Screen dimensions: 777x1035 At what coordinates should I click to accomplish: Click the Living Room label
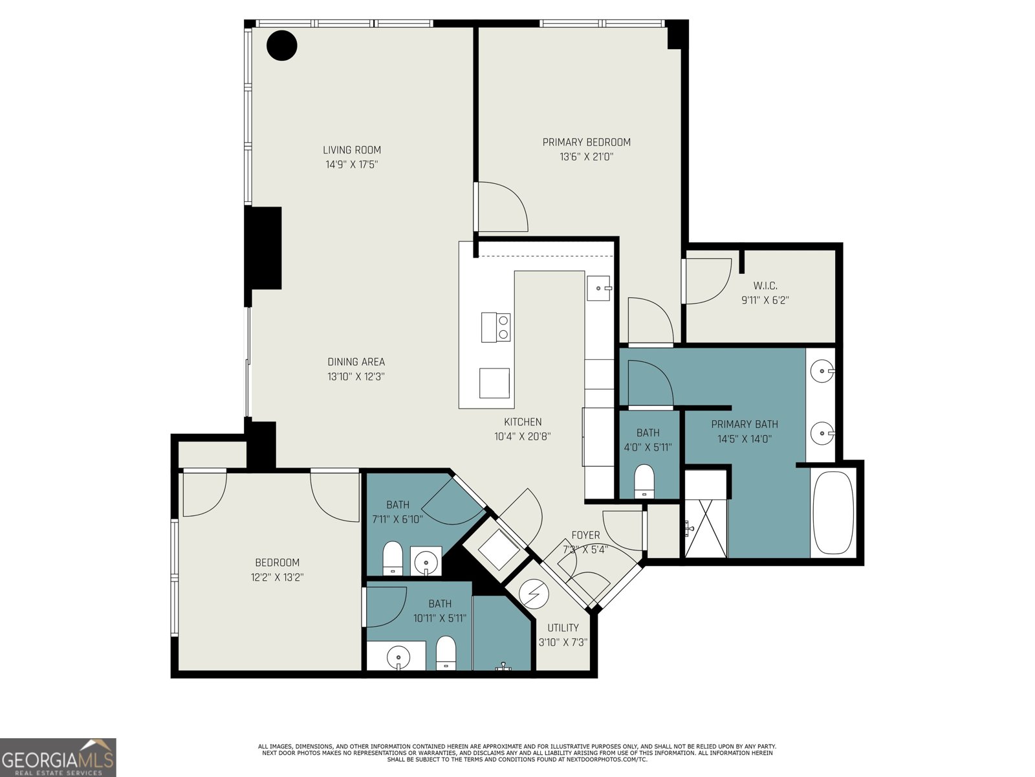[351, 150]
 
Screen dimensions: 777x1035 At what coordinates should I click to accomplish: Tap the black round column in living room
[282, 46]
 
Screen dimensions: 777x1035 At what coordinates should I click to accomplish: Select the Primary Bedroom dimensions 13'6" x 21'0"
[586, 157]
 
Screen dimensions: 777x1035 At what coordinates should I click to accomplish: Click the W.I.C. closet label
[765, 286]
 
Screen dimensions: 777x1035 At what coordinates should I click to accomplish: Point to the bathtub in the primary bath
[833, 513]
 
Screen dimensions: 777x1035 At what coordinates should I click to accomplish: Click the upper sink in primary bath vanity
[822, 372]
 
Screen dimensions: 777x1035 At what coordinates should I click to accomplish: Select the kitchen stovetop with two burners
[496, 327]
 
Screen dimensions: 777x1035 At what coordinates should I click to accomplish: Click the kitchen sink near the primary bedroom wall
[598, 287]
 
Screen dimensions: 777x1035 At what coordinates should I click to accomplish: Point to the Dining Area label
[356, 362]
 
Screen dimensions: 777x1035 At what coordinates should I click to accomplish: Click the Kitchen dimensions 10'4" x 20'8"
[522, 436]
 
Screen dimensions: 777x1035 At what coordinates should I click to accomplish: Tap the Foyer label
[585, 535]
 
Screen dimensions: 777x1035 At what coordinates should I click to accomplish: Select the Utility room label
[563, 628]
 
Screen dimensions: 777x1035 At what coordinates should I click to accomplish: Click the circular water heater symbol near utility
[534, 594]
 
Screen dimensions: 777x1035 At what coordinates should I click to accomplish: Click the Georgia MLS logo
[58, 757]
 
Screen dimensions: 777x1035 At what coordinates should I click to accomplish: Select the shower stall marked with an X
[705, 528]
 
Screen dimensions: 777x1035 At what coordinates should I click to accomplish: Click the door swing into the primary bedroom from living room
[503, 207]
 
